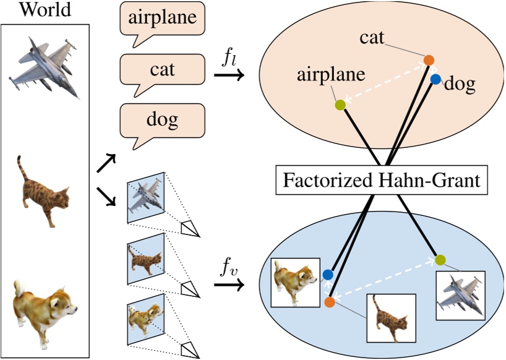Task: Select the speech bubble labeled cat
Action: coord(162,69)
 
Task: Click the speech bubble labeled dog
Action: coord(162,120)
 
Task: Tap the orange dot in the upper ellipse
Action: coord(429,60)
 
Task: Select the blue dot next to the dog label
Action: coord(435,79)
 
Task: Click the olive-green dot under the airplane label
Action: coord(340,105)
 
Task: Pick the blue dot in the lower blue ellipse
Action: coord(328,274)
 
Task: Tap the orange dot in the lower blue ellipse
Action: coord(329,302)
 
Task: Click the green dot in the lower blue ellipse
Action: coord(440,259)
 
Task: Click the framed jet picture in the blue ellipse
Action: coord(461,294)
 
